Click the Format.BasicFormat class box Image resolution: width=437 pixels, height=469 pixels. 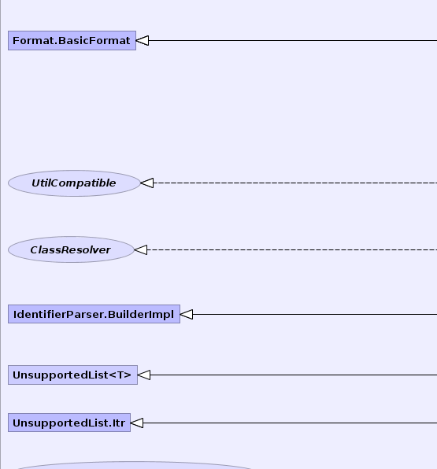(x=72, y=40)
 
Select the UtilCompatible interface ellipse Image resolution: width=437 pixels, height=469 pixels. (x=74, y=183)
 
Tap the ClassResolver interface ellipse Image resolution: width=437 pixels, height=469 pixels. (x=71, y=249)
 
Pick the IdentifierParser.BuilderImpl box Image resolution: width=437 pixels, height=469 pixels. (x=94, y=314)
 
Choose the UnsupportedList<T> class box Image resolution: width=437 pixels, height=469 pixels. (x=72, y=375)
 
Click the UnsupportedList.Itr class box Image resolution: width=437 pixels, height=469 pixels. (x=69, y=423)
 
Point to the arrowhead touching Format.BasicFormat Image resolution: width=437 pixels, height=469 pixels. (x=143, y=40)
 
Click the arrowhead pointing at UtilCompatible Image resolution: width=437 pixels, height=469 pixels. (x=146, y=183)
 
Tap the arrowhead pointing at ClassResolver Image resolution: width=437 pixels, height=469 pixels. (x=141, y=249)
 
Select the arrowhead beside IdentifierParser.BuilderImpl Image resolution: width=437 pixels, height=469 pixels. (x=187, y=314)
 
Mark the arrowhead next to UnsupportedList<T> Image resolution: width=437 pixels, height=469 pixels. (x=144, y=375)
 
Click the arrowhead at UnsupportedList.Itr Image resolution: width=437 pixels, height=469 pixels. (x=137, y=423)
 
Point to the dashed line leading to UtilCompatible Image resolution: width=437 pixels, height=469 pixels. (x=295, y=183)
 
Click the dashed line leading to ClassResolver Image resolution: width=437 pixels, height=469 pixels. (x=292, y=249)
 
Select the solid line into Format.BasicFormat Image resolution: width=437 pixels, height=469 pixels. (x=293, y=40)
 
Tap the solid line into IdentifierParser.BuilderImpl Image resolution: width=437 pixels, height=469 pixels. (x=315, y=314)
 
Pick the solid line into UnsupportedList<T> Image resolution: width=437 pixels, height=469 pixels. (x=294, y=375)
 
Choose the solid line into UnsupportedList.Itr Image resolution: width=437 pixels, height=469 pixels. (x=290, y=423)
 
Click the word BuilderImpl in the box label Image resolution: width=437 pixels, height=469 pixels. (x=141, y=314)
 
